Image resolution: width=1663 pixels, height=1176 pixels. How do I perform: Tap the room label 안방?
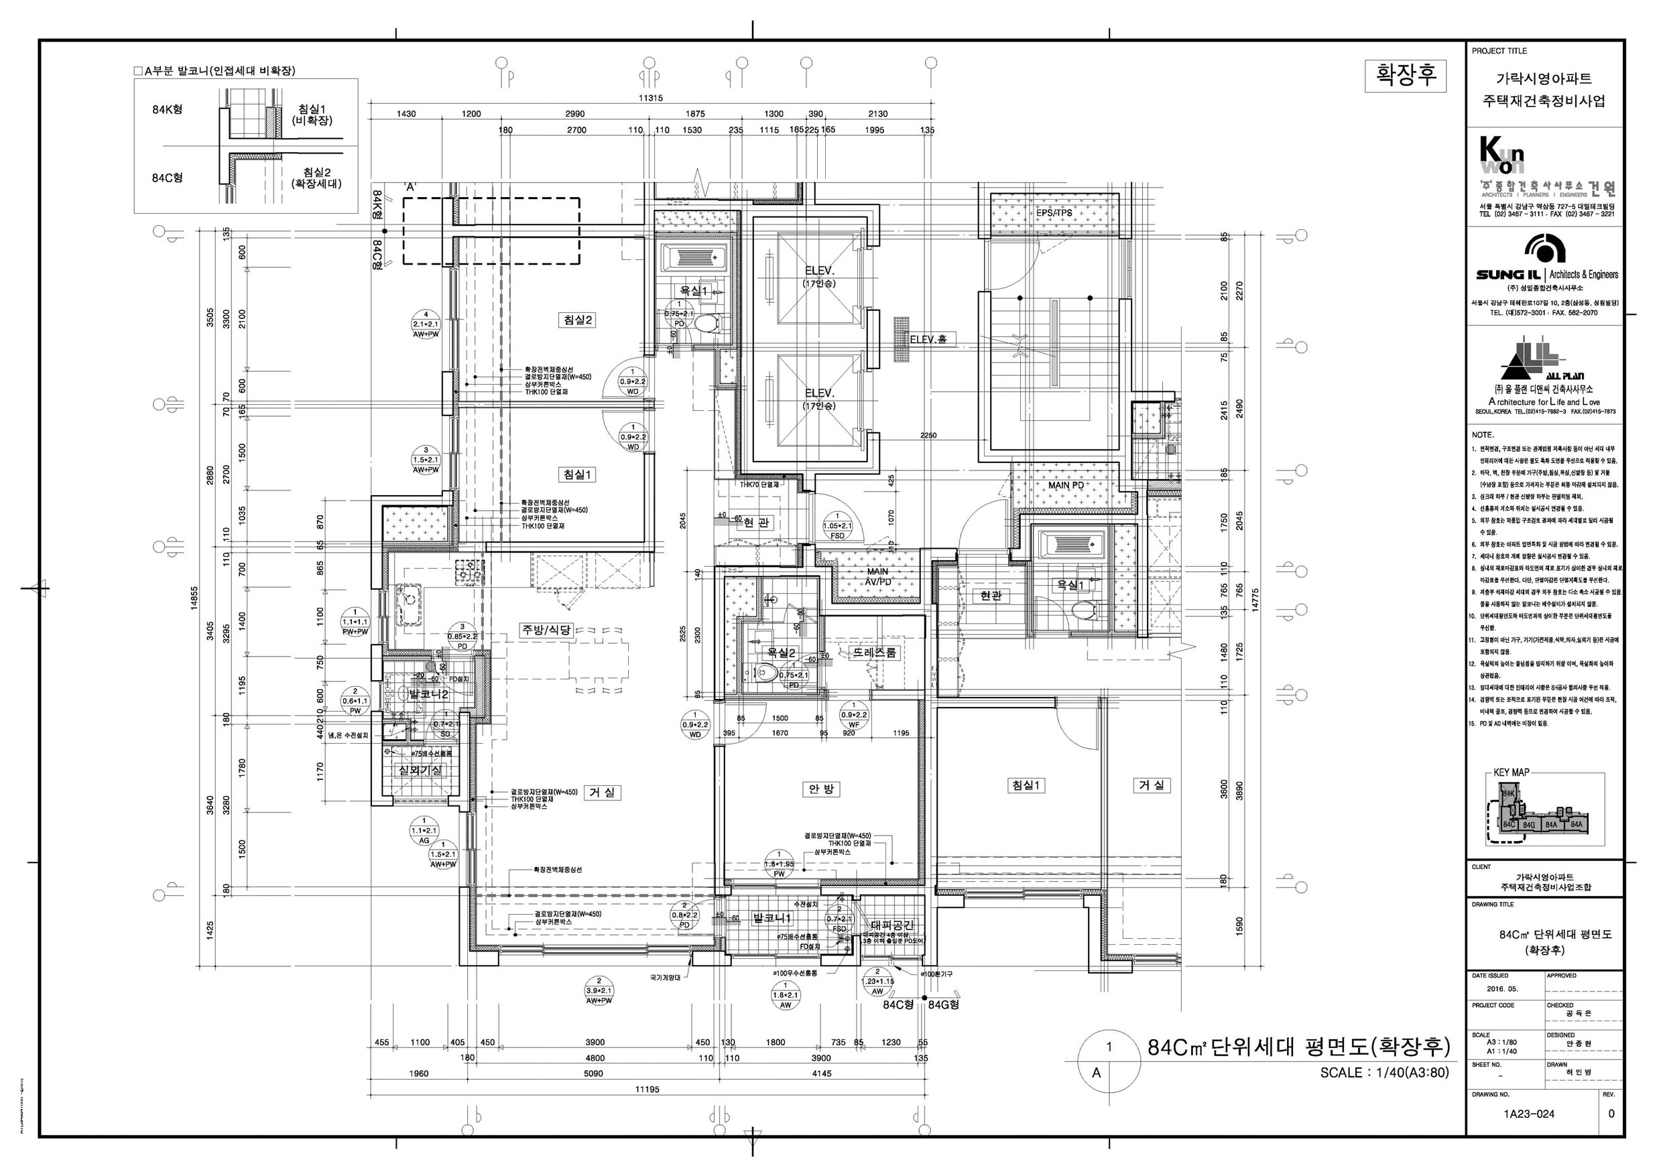(x=820, y=789)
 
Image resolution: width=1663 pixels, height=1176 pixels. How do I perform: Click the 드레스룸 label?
(x=873, y=653)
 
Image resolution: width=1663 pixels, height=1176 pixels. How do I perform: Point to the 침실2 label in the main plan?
(x=578, y=320)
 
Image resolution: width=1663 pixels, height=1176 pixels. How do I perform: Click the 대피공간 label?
(x=892, y=925)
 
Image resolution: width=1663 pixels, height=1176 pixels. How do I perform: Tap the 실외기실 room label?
(x=420, y=771)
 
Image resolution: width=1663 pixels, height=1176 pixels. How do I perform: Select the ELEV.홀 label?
(x=933, y=339)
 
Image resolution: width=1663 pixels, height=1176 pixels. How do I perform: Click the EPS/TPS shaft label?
(x=1054, y=213)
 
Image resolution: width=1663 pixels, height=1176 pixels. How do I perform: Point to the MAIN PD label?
(x=1066, y=485)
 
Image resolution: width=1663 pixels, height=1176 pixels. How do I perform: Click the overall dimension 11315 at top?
(x=650, y=98)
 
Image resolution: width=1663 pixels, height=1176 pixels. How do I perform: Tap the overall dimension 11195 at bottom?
(x=647, y=1089)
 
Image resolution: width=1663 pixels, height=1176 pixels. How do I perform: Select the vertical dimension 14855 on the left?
(x=194, y=598)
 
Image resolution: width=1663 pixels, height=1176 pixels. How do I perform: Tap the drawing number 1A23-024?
(x=1528, y=1114)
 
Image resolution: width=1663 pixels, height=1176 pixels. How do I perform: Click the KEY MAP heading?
(x=1511, y=772)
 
